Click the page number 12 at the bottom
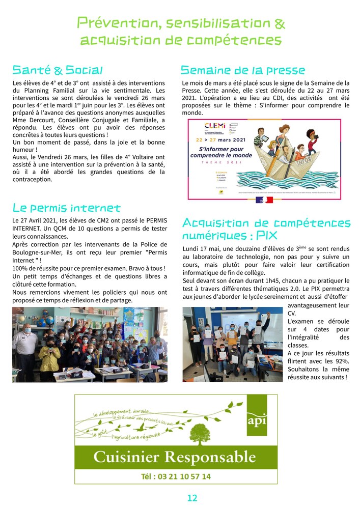[192, 498]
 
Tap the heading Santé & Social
[58, 70]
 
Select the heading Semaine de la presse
[243, 70]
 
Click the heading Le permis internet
[66, 208]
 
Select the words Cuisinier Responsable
[175, 456]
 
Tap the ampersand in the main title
[280, 23]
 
